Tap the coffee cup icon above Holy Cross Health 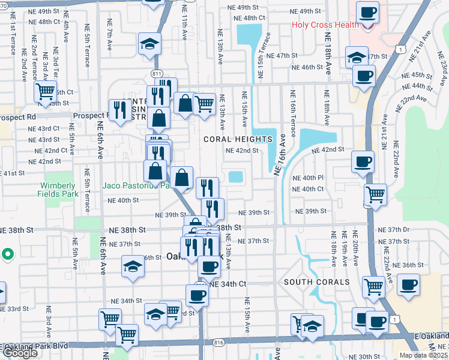tap(367, 12)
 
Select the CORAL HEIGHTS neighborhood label tap(238, 139)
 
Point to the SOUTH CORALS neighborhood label tap(316, 282)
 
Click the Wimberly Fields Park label tap(59, 190)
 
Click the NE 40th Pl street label tap(308, 178)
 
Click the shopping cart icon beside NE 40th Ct tap(375, 194)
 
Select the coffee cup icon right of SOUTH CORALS tap(408, 284)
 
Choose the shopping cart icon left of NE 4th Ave tap(45, 92)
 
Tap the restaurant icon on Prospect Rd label tap(119, 109)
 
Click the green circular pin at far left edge tap(7, 254)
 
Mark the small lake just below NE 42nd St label tap(236, 177)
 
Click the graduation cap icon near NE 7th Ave tap(148, 44)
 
